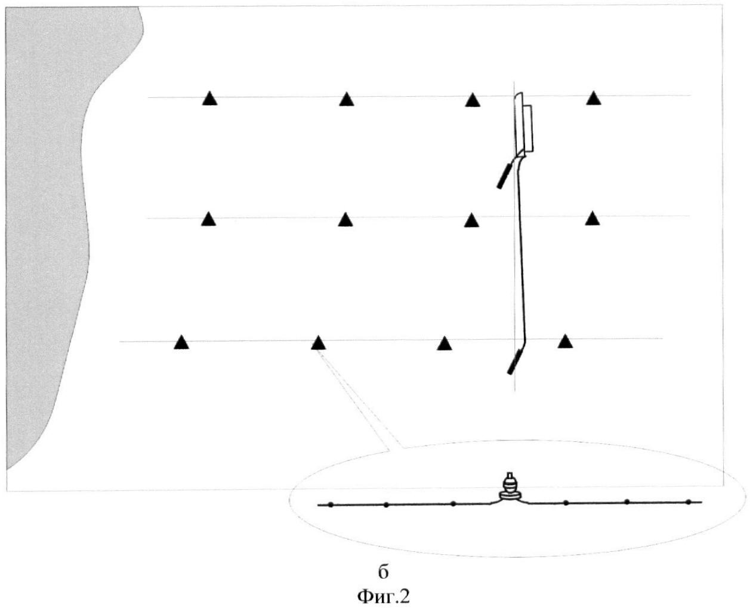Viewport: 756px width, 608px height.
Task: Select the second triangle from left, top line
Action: [347, 100]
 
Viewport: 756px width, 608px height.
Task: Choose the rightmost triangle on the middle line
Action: [593, 219]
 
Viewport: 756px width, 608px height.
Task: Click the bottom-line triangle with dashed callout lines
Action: [318, 343]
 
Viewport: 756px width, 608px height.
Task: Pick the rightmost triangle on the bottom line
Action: [565, 342]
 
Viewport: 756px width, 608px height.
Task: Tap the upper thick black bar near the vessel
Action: [504, 176]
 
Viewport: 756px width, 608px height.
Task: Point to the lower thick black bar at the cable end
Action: [514, 362]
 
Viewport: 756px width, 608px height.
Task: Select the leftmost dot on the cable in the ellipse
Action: [331, 505]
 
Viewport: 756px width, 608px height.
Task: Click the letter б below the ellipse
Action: [383, 573]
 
